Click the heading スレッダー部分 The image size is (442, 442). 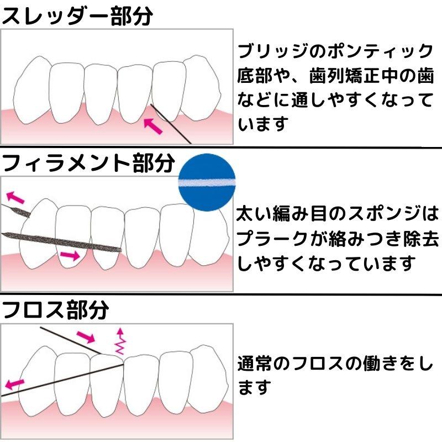tap(77, 16)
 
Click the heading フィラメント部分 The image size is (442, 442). tap(88, 163)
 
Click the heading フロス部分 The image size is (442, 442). tap(55, 309)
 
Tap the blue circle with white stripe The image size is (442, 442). tap(207, 182)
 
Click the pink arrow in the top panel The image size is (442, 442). tap(153, 127)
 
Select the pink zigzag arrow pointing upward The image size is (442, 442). tap(120, 341)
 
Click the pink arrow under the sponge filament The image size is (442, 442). tap(70, 255)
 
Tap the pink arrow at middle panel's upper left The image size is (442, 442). tap(15, 197)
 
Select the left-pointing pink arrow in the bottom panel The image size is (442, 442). tap(15, 384)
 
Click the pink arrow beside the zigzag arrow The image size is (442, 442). tap(86, 337)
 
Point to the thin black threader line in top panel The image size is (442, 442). tap(171, 124)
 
